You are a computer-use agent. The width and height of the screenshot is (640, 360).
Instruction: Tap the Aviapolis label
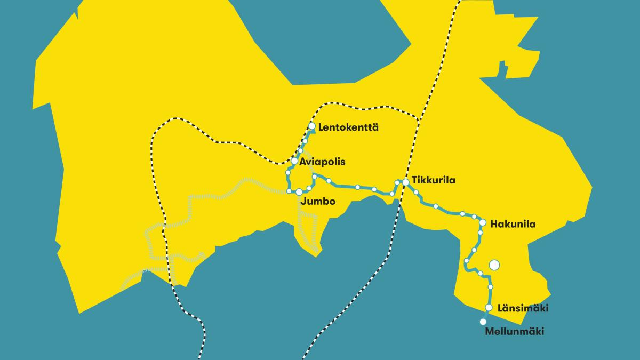point(319,162)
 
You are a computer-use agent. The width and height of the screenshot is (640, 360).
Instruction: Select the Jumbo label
point(318,202)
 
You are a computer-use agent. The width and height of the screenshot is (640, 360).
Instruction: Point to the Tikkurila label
point(434,181)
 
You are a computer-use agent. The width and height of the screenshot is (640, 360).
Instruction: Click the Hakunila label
point(513,224)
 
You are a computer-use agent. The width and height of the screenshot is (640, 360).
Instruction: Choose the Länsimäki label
point(523,308)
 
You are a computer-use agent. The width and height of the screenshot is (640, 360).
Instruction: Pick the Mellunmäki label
point(515,332)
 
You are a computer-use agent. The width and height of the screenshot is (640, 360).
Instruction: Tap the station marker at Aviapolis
point(294,161)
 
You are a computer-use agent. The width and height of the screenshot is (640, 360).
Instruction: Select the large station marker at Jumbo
point(299,191)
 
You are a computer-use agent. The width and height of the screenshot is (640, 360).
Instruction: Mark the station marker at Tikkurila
point(406,182)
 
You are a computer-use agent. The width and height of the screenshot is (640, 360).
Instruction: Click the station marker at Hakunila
point(483,222)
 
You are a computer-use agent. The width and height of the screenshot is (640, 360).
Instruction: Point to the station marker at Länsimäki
point(489,307)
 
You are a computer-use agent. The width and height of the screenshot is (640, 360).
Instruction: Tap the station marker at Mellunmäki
point(483,322)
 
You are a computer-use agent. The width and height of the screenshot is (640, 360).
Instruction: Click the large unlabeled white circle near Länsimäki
point(494,265)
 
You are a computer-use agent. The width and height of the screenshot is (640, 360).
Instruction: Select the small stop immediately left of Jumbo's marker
point(289,191)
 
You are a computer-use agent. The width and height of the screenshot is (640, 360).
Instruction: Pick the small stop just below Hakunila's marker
point(481,233)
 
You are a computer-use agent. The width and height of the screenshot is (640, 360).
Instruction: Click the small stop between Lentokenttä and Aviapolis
point(301,151)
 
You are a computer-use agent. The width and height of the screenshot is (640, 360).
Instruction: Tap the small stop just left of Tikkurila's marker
point(397,183)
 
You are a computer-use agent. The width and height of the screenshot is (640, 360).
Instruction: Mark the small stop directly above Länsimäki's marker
point(491,287)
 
